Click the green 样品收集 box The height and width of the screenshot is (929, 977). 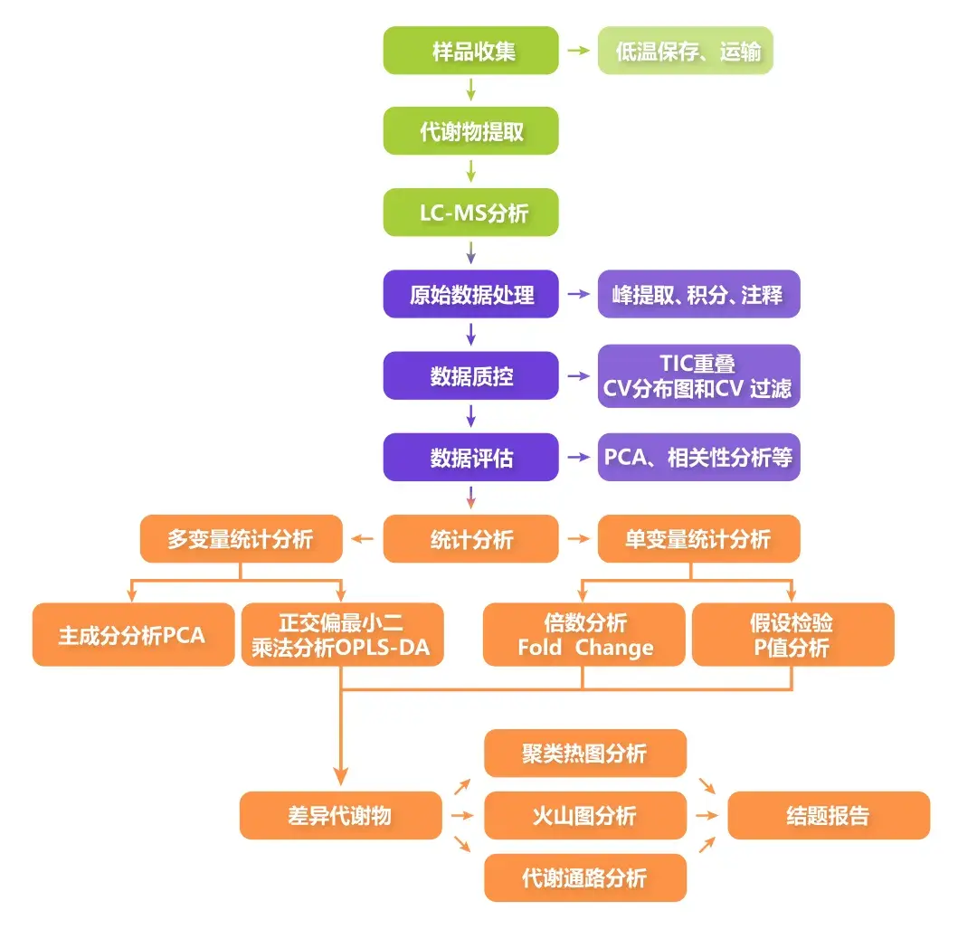(x=470, y=51)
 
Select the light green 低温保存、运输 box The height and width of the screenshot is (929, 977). (x=685, y=51)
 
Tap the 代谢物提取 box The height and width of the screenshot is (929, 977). (x=470, y=132)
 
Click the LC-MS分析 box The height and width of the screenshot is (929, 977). (x=470, y=213)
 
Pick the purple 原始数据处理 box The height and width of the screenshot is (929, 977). (x=470, y=295)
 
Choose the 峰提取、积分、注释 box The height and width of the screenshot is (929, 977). (x=698, y=295)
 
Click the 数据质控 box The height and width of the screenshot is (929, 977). (x=470, y=376)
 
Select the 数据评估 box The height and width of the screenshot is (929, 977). (x=470, y=458)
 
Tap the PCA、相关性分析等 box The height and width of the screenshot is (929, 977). (x=698, y=458)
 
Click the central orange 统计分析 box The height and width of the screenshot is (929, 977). (x=470, y=540)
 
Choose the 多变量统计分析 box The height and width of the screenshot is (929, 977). (x=241, y=540)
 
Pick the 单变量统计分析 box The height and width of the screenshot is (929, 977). (x=698, y=540)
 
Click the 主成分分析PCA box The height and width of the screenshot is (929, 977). (x=133, y=635)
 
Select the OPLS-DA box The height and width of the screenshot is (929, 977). (x=342, y=635)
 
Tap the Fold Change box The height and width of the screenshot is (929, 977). (x=584, y=635)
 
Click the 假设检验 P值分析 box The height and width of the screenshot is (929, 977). (x=792, y=635)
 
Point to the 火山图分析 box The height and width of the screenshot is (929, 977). (x=584, y=816)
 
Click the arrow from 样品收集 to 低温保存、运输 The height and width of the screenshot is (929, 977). (x=577, y=51)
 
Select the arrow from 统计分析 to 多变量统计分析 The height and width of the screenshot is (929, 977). (x=363, y=540)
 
